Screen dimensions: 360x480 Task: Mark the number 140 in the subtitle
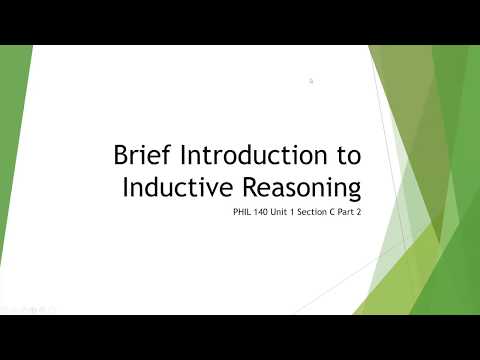[259, 214]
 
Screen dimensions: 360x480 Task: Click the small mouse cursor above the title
[312, 81]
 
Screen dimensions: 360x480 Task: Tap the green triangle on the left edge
[12, 150]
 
